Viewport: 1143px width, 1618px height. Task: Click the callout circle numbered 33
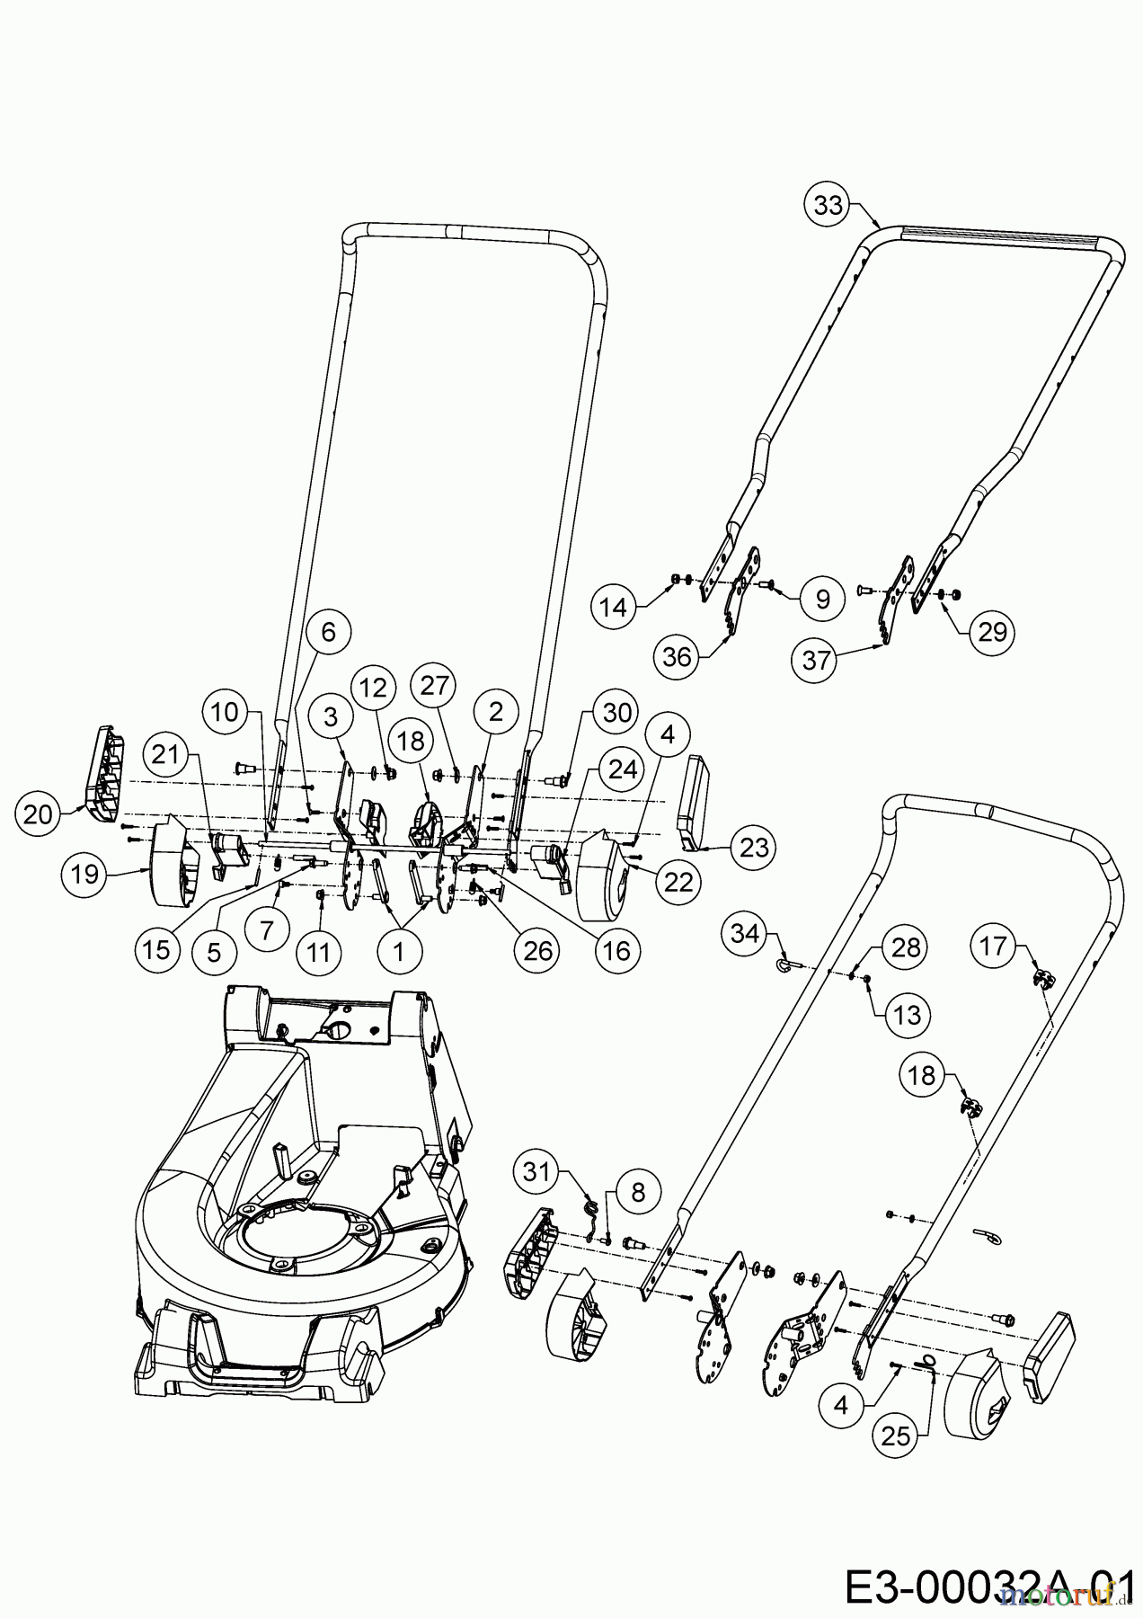pyautogui.click(x=828, y=205)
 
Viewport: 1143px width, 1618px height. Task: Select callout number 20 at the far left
pyautogui.click(x=38, y=815)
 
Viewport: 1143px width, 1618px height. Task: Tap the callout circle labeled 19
pyautogui.click(x=85, y=874)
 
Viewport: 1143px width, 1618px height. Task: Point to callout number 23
pyautogui.click(x=753, y=847)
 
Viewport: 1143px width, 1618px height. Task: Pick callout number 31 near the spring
pyautogui.click(x=536, y=1172)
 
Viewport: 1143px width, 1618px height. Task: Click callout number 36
pyautogui.click(x=678, y=656)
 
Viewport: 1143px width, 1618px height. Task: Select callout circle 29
pyautogui.click(x=992, y=632)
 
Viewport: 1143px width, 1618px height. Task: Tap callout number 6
pyautogui.click(x=328, y=633)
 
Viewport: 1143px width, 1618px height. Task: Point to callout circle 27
pyautogui.click(x=434, y=686)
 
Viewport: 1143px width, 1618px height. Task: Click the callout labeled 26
pyautogui.click(x=536, y=950)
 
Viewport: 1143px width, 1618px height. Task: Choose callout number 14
pyautogui.click(x=614, y=608)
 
